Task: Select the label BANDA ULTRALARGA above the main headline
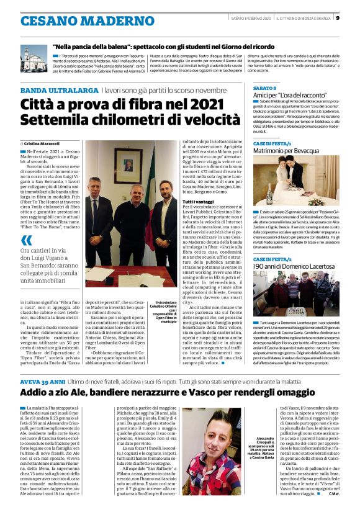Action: pyautogui.click(x=58, y=91)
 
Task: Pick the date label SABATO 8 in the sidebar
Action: pyautogui.click(x=266, y=89)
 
